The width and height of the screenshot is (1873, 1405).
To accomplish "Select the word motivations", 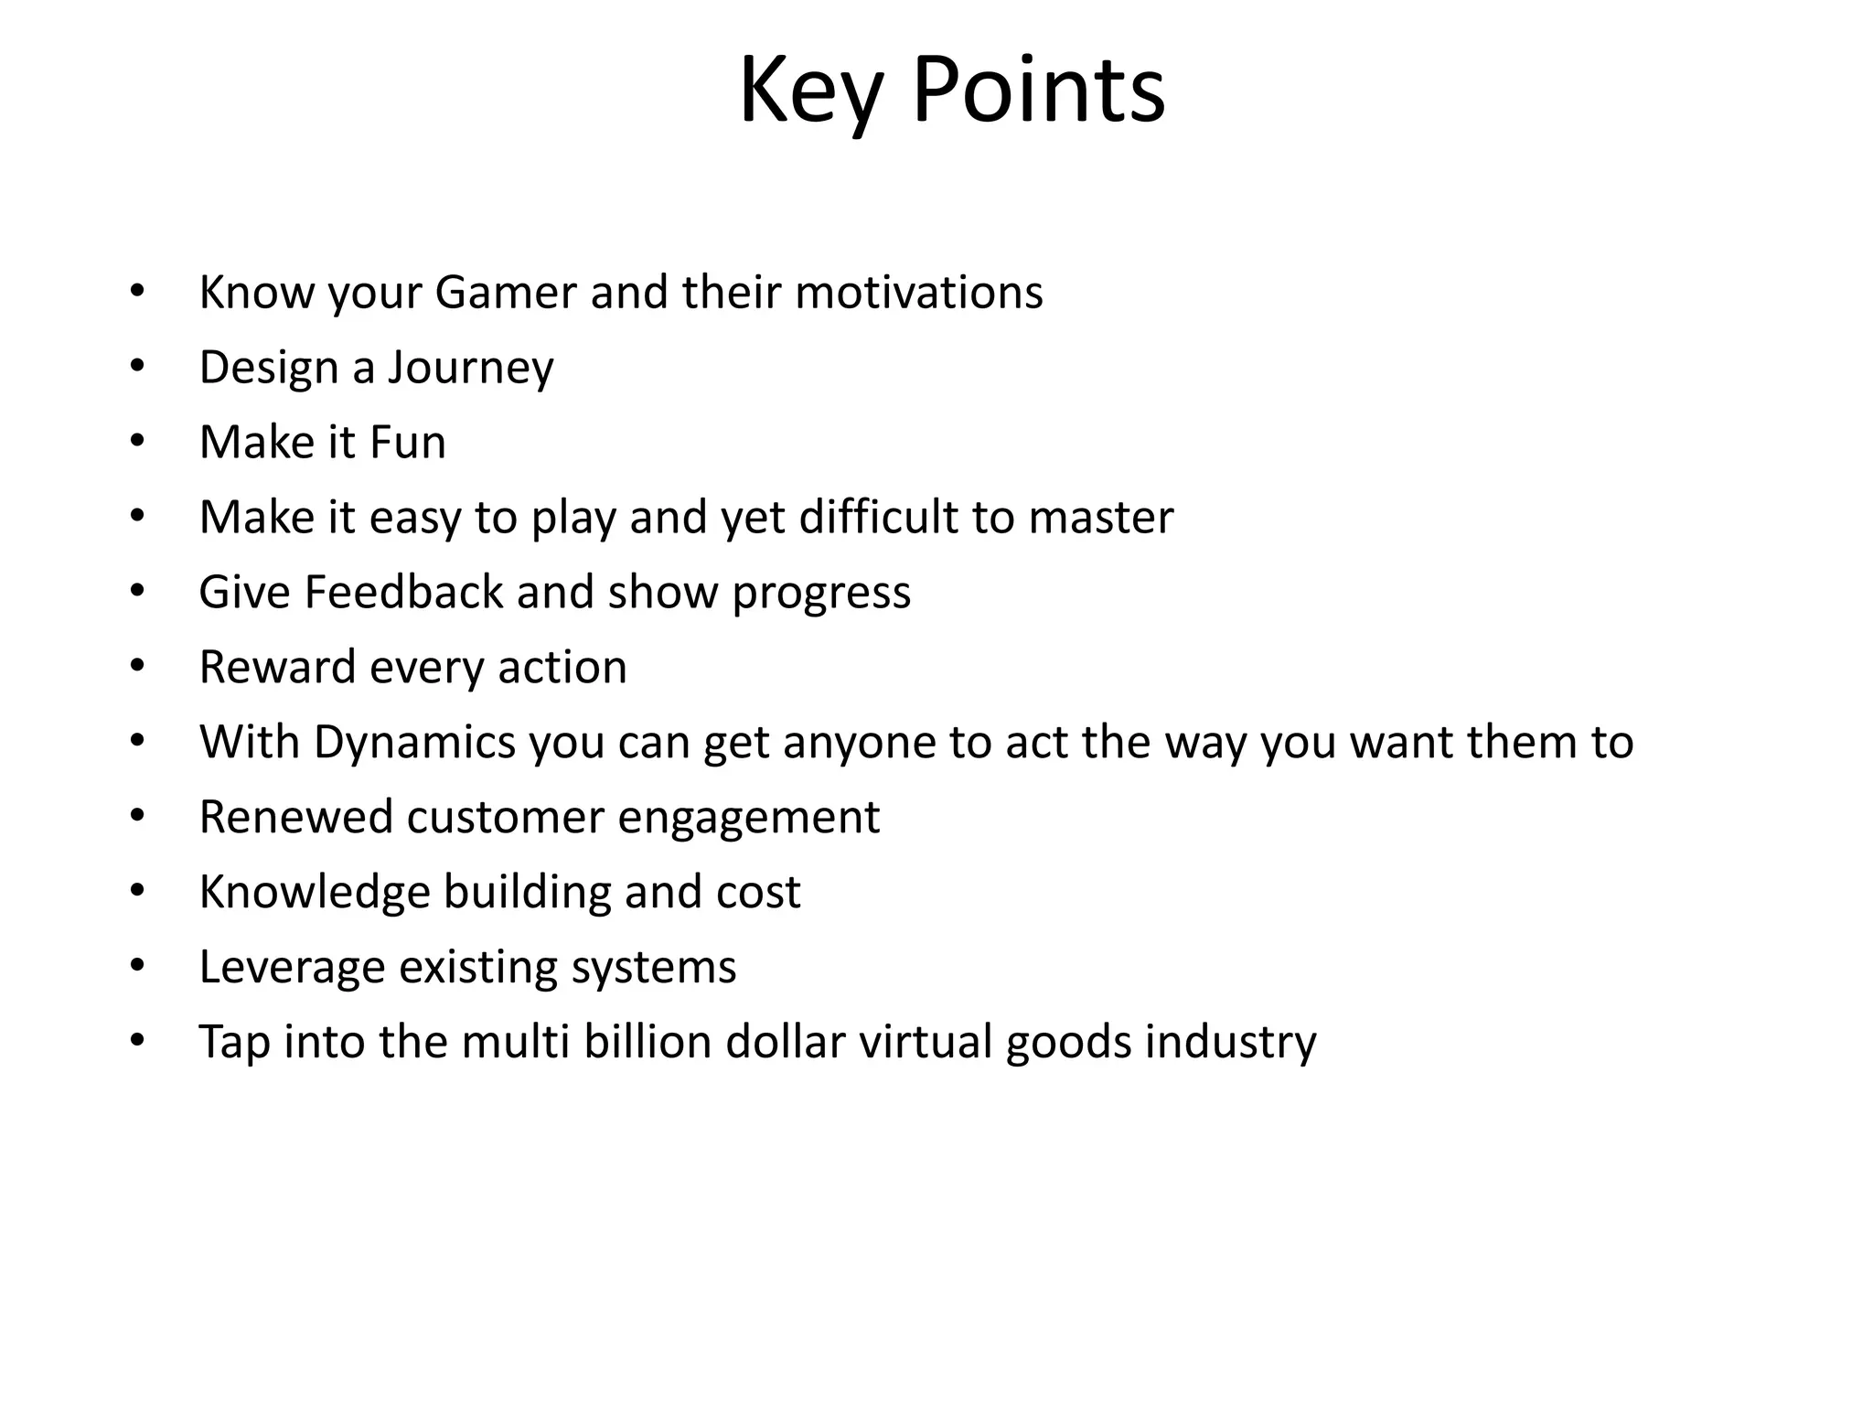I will pos(918,293).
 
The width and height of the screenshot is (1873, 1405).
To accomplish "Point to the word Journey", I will pos(470,369).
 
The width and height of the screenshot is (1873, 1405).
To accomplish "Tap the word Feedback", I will pos(403,592).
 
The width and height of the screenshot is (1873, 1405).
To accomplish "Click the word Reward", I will pos(277,667).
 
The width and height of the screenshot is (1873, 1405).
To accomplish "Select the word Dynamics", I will pos(414,743).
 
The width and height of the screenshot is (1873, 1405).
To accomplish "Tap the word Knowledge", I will pos(315,893).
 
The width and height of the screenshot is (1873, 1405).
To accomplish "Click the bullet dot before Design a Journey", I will pos(137,367).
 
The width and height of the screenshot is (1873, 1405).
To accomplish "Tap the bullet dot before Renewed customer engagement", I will pos(137,816).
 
